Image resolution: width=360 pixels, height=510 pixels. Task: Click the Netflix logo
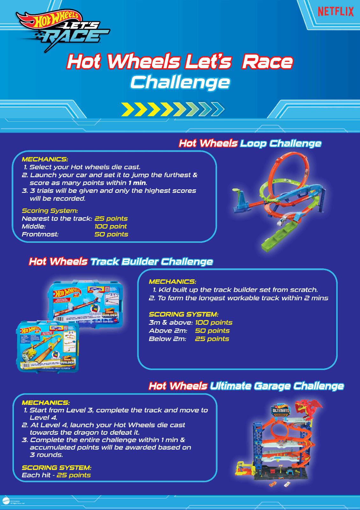pos(335,12)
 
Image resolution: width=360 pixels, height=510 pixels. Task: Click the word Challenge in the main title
pos(180,82)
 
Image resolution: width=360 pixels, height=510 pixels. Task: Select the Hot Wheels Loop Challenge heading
pos(250,143)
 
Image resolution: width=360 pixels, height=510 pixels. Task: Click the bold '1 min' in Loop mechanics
pos(137,183)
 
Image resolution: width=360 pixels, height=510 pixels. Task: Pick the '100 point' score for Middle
pos(111,226)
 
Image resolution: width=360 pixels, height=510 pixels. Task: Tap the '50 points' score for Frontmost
pos(111,234)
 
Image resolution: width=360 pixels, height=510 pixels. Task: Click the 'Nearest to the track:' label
pos(57,219)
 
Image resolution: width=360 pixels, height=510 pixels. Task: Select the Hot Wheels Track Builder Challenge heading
pos(121,261)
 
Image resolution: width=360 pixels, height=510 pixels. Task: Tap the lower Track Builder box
pos(48,346)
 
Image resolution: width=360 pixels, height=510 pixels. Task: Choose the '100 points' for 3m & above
pos(213,323)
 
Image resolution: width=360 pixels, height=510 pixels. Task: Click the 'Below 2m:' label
pos(167,339)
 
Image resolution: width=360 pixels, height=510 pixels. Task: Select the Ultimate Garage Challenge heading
pos(246,386)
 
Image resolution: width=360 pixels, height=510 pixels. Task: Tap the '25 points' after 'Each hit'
pos(74,475)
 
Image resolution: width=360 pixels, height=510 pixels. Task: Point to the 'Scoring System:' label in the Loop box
pos(50,211)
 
